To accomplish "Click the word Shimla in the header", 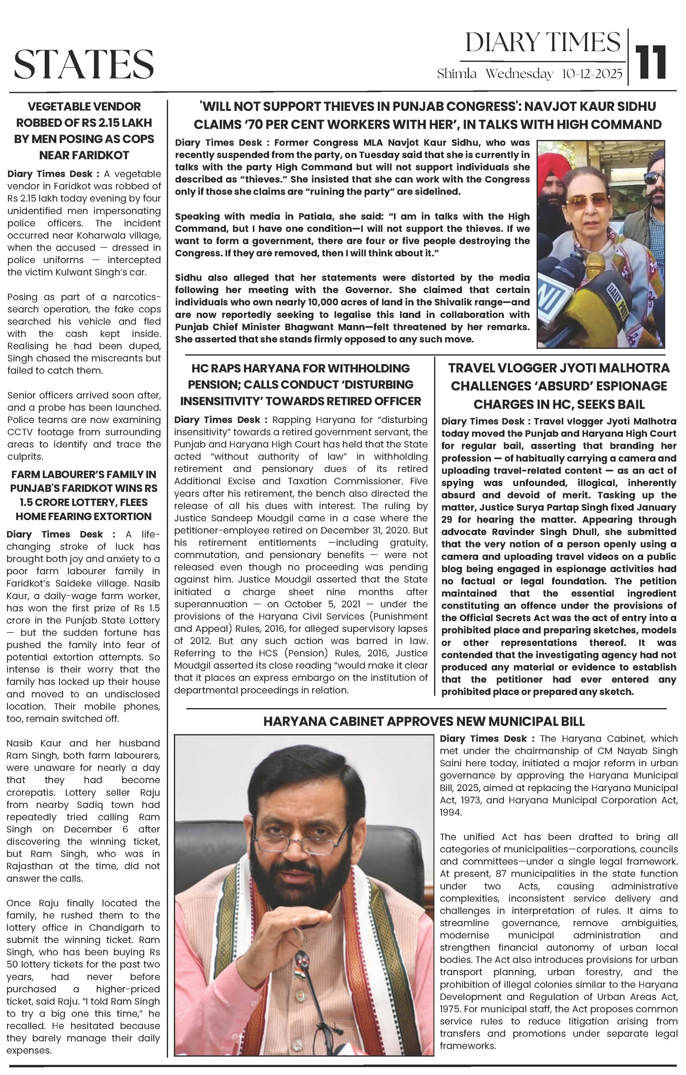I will pyautogui.click(x=457, y=74).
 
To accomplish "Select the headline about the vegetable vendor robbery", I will pyautogui.click(x=84, y=131).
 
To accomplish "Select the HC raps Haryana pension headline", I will pyautogui.click(x=300, y=384).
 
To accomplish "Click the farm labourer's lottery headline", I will pyautogui.click(x=84, y=495).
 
